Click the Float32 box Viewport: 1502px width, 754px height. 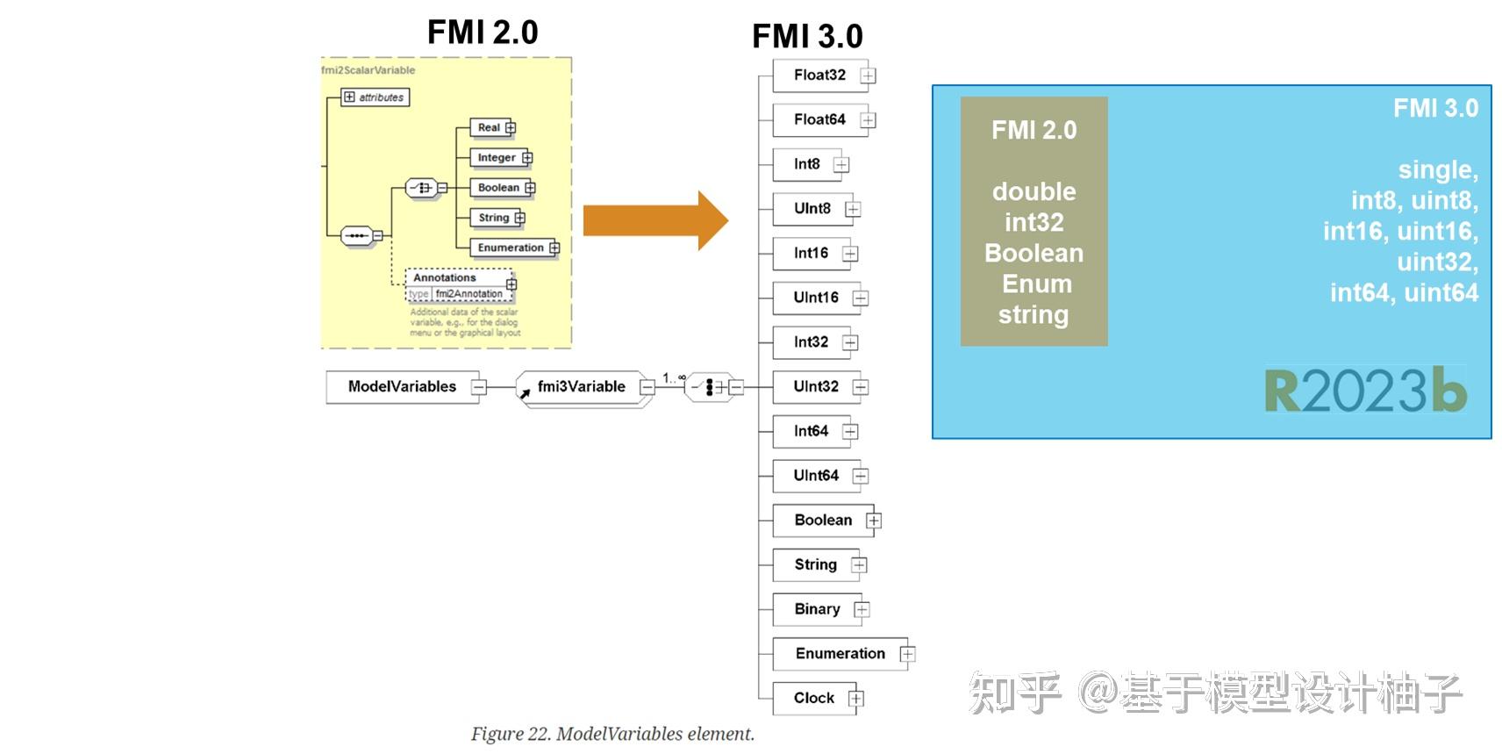click(819, 75)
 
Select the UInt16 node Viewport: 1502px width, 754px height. click(815, 298)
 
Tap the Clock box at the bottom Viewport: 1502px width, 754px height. click(813, 698)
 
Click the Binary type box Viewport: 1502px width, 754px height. click(816, 609)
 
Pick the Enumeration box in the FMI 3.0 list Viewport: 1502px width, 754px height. click(840, 654)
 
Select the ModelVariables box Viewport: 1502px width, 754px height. click(402, 386)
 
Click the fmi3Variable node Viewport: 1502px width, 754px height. click(581, 386)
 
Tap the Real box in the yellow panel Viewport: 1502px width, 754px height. click(489, 128)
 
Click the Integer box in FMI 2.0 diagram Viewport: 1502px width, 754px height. click(497, 158)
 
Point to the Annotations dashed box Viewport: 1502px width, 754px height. click(445, 277)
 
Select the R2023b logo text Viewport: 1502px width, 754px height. click(1365, 391)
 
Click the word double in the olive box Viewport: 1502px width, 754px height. click(1034, 191)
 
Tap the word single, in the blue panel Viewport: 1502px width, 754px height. click(1437, 169)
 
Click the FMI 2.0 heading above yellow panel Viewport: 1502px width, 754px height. click(482, 32)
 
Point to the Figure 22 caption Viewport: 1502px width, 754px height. click(612, 734)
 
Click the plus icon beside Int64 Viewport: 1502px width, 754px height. click(850, 431)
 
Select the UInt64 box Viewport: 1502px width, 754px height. click(815, 476)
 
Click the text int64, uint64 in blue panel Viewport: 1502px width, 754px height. click(1404, 292)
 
